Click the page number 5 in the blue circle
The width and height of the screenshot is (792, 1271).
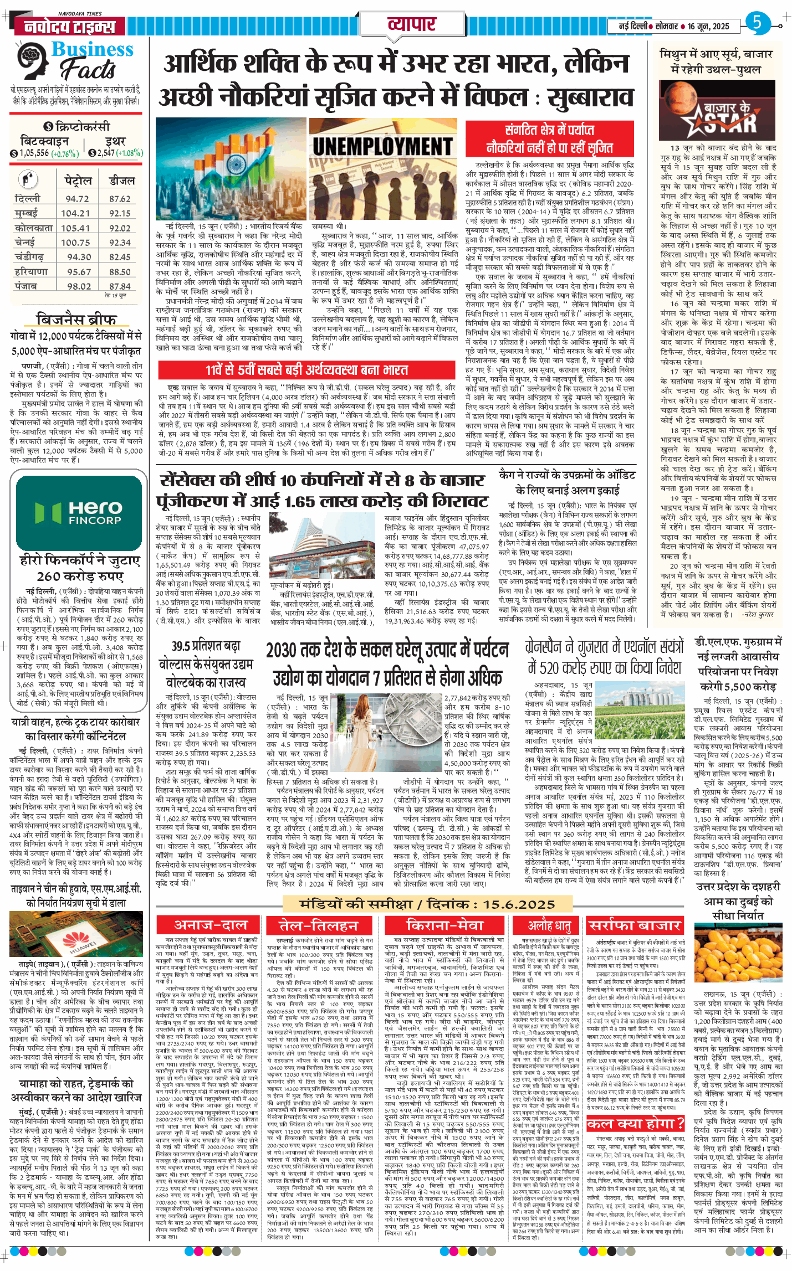(757, 23)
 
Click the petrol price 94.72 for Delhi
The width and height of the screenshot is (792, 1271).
(77, 199)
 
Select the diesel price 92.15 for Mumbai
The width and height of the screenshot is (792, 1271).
(120, 213)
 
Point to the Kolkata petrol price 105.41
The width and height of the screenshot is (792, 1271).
(75, 228)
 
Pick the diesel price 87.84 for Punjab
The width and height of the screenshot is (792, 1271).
(120, 286)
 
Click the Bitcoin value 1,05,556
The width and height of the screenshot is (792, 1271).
(34, 153)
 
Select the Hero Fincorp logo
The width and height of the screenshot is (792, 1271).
(78, 512)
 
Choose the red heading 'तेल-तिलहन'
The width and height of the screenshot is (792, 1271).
(318, 925)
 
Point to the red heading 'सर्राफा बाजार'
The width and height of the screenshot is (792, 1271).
(634, 925)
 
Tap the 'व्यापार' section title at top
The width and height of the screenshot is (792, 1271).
(411, 25)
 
